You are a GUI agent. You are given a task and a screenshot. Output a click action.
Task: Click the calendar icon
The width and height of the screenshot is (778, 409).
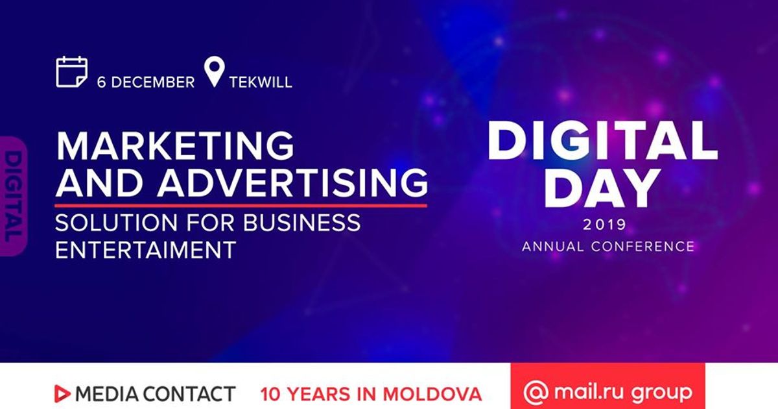[x=71, y=71]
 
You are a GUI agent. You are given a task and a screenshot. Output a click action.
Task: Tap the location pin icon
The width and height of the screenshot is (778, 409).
[x=215, y=71]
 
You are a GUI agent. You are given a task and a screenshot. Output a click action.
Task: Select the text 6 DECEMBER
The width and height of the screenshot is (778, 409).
[x=146, y=82]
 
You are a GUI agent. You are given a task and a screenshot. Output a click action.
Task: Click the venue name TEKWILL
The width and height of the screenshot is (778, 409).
[x=261, y=82]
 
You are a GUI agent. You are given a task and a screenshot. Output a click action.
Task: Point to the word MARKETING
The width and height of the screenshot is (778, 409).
[x=175, y=145]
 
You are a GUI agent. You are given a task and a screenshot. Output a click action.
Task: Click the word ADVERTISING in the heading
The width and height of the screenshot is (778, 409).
[x=292, y=182]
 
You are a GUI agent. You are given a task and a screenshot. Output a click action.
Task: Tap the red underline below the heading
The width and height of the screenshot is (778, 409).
[x=241, y=206]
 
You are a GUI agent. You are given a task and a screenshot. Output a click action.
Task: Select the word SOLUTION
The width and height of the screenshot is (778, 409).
[x=116, y=223]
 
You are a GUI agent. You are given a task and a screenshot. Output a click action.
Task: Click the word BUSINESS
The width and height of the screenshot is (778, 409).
[x=301, y=223]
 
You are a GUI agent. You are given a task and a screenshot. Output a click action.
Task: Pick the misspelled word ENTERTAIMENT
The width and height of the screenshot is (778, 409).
[x=145, y=250]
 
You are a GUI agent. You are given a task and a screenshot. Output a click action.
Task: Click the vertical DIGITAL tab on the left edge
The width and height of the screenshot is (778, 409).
[x=13, y=197]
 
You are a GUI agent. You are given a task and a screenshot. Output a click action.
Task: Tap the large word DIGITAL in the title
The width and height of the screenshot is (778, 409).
[x=602, y=141]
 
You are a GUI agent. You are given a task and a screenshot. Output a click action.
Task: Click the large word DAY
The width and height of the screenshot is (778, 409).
[x=602, y=188]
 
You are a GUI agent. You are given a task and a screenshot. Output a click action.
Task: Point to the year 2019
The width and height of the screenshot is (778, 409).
[x=605, y=225]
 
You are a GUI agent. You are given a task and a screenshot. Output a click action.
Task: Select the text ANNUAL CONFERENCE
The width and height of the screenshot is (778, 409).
[x=608, y=247]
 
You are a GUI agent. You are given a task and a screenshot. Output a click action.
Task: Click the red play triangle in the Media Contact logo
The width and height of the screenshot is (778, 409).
[x=62, y=394]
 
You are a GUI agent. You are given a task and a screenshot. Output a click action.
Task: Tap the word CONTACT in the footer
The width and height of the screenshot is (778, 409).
[x=189, y=394]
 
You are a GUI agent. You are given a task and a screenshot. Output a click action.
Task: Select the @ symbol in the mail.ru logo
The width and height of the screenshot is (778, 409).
[x=536, y=393]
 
